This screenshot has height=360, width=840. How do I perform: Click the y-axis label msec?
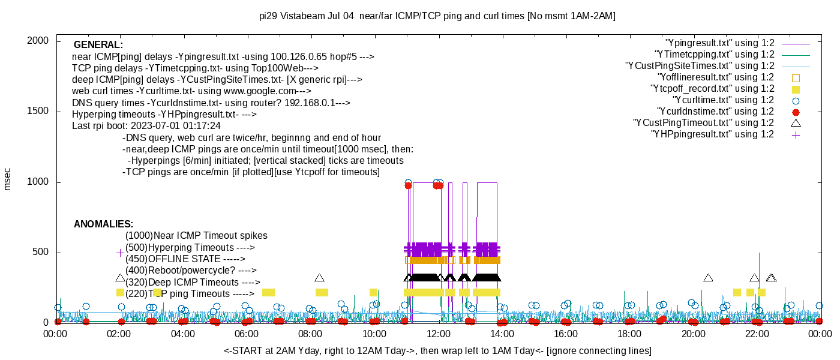tap(8, 179)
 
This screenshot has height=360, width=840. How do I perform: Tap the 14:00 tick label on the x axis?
tap(502, 334)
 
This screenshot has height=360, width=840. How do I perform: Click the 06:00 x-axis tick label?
tap(247, 334)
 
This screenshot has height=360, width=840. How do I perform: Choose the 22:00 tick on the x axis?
tap(757, 334)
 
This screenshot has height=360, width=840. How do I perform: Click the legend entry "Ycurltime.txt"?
tap(723, 100)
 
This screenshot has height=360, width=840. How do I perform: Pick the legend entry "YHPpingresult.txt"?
tap(712, 134)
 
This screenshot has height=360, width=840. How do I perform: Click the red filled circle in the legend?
tap(796, 112)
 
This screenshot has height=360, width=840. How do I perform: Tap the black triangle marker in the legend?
tap(796, 123)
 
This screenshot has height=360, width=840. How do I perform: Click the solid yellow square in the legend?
tap(796, 89)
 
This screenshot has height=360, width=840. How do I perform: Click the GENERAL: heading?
tap(98, 45)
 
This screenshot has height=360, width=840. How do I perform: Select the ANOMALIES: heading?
tap(103, 224)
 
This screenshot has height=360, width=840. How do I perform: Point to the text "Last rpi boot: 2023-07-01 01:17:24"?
tap(146, 126)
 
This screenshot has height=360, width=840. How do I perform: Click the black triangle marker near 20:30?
tap(708, 278)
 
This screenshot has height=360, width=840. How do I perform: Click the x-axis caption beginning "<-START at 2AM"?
tap(437, 350)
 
